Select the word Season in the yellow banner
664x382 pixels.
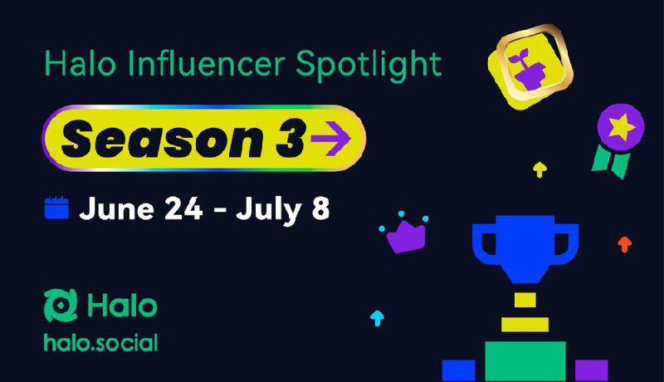click(x=163, y=139)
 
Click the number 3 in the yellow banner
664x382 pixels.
click(x=290, y=138)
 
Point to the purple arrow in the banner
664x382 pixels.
click(x=330, y=138)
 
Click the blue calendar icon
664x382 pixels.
click(x=56, y=208)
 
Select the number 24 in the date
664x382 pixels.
click(x=183, y=208)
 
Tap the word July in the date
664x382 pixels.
click(x=268, y=209)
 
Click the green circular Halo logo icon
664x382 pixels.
click(x=61, y=305)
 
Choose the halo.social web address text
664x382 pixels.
click(x=100, y=343)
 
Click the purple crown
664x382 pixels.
click(x=406, y=237)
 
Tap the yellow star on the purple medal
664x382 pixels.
click(x=621, y=127)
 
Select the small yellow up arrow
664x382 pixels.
click(x=539, y=169)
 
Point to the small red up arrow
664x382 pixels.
click(x=625, y=244)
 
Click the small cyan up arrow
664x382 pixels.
click(x=377, y=318)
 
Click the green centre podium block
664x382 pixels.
click(x=525, y=361)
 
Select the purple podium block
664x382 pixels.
click(x=592, y=370)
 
